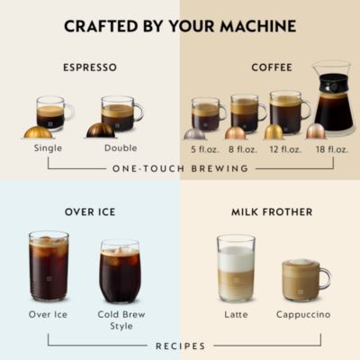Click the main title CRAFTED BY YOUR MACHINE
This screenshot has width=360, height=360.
point(180,26)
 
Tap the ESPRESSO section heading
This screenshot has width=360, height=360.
point(90,67)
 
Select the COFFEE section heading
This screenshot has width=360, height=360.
point(270,67)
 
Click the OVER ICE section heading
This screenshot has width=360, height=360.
point(89,211)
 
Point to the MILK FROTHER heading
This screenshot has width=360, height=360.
point(271,211)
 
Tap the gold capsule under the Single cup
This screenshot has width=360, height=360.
point(38,131)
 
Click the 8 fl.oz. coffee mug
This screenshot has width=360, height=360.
point(244,113)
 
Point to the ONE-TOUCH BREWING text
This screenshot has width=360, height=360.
point(180,168)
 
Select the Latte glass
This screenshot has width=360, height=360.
point(236,268)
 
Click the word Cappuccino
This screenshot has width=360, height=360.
point(302,315)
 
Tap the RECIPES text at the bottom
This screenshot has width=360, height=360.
point(180,346)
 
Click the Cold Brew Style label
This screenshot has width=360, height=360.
point(120,320)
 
